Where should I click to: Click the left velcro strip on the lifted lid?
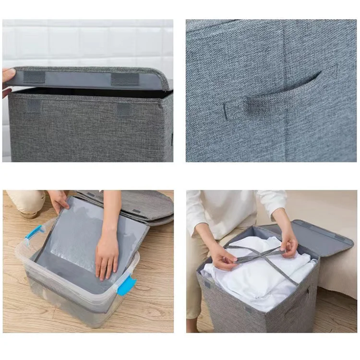click(x=34, y=77)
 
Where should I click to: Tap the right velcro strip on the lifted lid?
click(x=125, y=79)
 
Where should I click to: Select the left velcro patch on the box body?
click(x=34, y=106)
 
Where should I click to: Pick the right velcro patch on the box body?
click(x=124, y=109)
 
